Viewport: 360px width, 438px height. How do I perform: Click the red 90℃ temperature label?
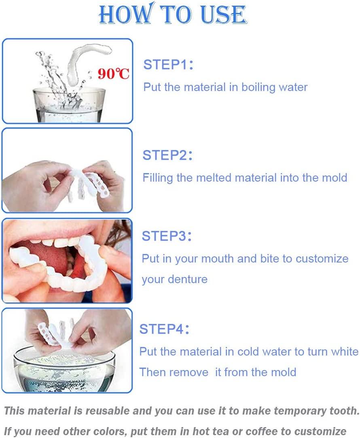pos(114,74)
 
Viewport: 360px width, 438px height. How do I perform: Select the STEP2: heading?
pos(168,155)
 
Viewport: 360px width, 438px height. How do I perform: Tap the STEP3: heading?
pos(167,236)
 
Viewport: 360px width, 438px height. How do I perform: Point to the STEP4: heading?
pos(165,329)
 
